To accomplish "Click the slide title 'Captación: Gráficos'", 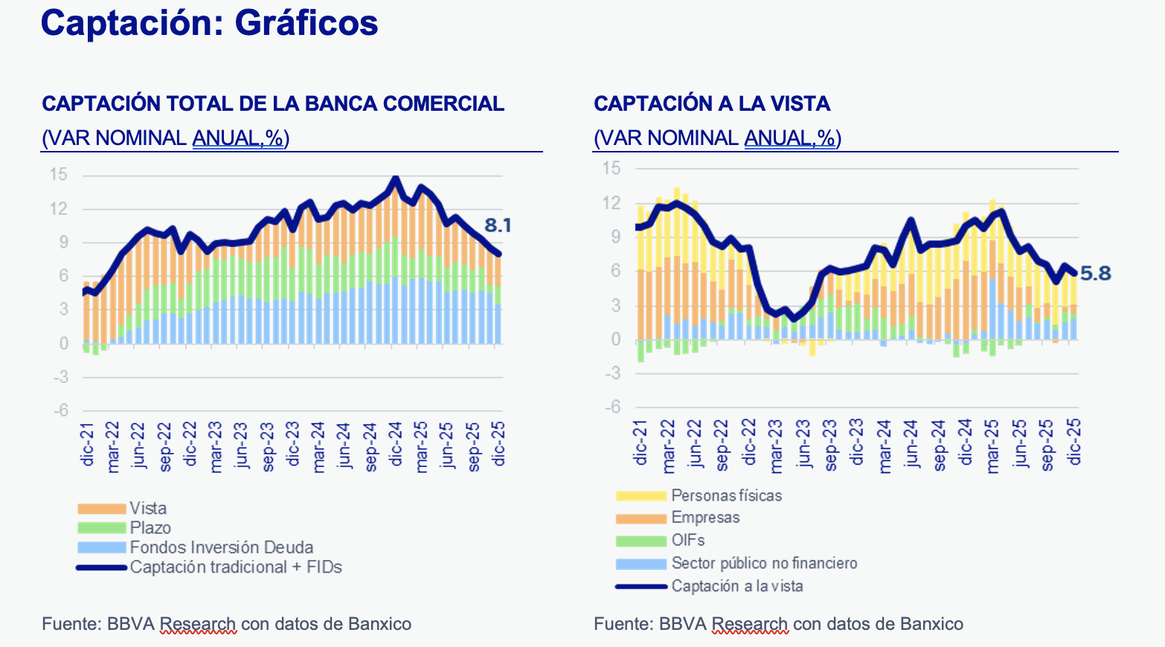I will point(209,23).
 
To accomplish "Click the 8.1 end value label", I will point(497,225).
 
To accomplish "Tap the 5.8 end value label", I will point(1095,274).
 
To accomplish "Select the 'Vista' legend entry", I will point(148,509).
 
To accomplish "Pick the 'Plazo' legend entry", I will point(150,528).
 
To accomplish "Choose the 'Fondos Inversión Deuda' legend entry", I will point(221,547).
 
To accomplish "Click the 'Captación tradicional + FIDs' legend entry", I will point(236,567).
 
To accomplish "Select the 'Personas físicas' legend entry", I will point(726,495).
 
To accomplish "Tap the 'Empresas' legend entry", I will point(705,518).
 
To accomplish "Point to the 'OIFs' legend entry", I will point(687,541).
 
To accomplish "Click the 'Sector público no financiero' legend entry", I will point(764,563).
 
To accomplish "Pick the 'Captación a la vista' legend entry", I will point(736,586).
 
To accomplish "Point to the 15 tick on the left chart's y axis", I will point(59,175).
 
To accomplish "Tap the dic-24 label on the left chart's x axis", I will point(395,444).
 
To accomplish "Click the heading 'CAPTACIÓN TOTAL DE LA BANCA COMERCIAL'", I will point(273,103).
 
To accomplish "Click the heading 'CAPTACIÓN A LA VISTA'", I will point(712,103).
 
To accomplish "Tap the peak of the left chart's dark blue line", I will point(395,178).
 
